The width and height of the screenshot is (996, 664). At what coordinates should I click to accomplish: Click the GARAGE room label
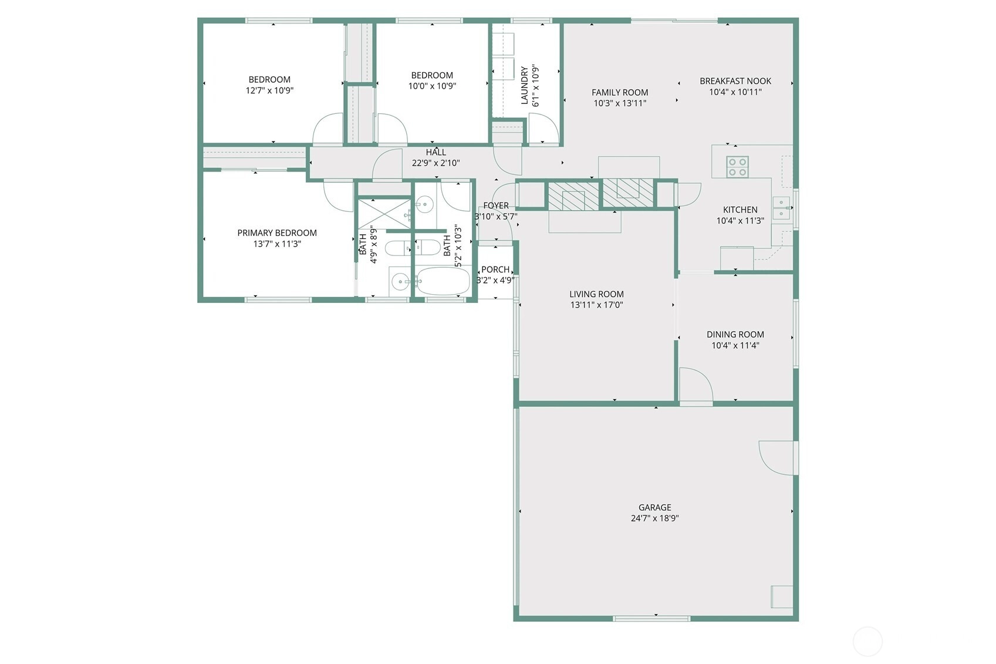[654, 507]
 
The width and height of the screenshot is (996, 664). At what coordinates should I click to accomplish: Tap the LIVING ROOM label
[596, 294]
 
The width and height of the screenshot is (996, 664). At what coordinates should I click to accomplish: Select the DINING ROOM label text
[735, 335]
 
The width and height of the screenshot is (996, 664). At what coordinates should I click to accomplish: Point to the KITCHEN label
[740, 210]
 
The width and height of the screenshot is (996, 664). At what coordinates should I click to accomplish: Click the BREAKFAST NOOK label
[735, 81]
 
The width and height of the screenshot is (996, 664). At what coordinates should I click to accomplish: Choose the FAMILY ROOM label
[619, 93]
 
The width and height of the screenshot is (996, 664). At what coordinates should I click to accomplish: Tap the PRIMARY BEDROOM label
[277, 233]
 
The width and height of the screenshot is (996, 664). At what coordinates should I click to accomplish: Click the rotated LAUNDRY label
[524, 85]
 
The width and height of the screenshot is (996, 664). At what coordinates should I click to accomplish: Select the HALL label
[435, 152]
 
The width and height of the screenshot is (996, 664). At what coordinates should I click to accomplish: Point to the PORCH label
[495, 269]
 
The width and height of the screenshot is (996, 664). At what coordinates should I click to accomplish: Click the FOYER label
[496, 205]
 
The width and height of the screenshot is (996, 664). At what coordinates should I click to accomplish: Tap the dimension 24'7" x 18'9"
[654, 518]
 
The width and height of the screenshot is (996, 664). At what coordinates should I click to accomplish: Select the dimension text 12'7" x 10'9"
[269, 90]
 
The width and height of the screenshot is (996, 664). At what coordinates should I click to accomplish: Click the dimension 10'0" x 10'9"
[432, 86]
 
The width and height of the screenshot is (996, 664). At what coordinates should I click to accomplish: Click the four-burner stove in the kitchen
[737, 167]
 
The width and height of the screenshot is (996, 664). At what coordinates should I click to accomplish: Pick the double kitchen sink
[781, 208]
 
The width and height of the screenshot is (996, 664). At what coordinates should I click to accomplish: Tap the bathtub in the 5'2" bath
[443, 281]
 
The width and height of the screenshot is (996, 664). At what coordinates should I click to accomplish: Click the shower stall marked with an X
[384, 214]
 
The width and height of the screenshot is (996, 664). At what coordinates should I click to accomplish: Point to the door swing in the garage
[776, 458]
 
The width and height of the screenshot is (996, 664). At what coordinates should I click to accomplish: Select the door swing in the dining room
[696, 385]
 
